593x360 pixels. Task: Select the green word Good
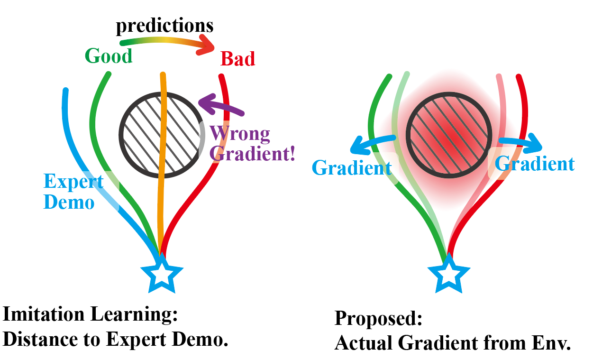pos(109,56)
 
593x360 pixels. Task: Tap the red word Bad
pos(238,59)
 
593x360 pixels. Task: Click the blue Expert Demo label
pos(73,192)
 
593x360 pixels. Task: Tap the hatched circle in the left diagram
pos(142,135)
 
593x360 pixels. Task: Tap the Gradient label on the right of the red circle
pos(535,164)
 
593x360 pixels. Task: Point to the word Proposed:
pos(378,318)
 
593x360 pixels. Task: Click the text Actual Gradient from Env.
pos(452,342)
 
